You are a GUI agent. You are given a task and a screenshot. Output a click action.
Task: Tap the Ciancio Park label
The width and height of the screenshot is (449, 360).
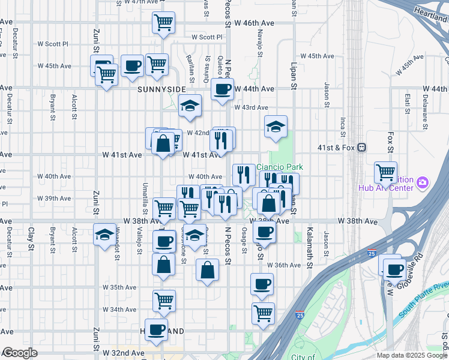pyautogui.click(x=280, y=167)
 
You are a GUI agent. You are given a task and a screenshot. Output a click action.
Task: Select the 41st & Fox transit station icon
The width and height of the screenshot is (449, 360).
pyautogui.click(x=361, y=148)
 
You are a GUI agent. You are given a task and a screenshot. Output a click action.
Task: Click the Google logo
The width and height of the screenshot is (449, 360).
pyautogui.click(x=19, y=353)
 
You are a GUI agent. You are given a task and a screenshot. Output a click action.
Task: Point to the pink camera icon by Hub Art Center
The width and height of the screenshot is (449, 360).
pyautogui.click(x=423, y=182)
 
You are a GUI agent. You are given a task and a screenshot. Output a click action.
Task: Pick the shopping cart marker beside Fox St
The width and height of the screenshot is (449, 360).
pyautogui.click(x=385, y=172)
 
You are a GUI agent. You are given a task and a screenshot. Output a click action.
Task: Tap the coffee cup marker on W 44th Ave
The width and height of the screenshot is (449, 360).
pyautogui.click(x=222, y=90)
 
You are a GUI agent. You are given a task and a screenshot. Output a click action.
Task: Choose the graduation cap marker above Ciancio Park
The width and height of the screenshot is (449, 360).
pyautogui.click(x=276, y=127)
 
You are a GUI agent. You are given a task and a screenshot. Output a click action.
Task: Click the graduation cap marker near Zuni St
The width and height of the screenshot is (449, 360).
pyautogui.click(x=104, y=234)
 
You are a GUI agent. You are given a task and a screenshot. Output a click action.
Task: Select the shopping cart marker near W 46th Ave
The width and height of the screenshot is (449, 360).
pyautogui.click(x=163, y=23)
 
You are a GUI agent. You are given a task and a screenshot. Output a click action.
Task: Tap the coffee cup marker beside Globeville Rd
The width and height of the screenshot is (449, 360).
pyautogui.click(x=394, y=269)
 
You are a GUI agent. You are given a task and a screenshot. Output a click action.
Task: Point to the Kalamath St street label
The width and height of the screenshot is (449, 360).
pyautogui.click(x=310, y=248)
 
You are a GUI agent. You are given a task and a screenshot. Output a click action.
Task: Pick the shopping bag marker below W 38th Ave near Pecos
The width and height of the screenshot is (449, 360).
pyautogui.click(x=207, y=269)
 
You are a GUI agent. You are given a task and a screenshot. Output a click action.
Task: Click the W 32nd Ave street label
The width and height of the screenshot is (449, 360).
pyautogui.click(x=124, y=353)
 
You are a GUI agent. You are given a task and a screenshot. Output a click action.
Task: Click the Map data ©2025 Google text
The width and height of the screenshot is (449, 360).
pyautogui.click(x=411, y=355)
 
